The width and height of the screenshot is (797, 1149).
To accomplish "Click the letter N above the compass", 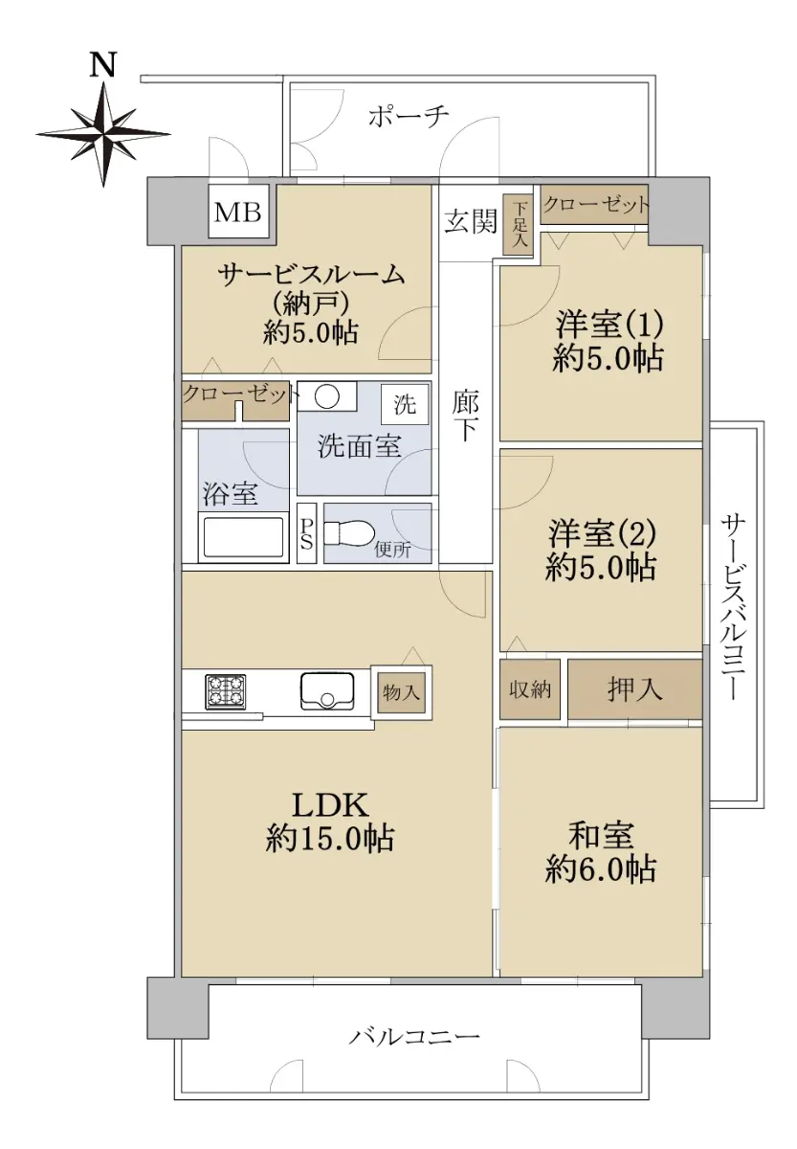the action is click(x=102, y=64).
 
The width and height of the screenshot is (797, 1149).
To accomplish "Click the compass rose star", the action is click(x=103, y=134).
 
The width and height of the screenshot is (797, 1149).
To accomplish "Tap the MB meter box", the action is click(x=238, y=212).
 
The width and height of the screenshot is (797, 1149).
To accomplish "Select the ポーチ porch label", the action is click(x=409, y=116).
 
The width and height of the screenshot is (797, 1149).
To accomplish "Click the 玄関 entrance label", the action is click(x=471, y=221).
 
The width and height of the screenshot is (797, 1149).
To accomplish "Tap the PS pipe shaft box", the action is click(x=306, y=533).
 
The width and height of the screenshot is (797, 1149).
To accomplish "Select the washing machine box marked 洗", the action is click(x=405, y=405).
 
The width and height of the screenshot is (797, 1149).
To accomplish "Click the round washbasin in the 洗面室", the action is click(x=326, y=395).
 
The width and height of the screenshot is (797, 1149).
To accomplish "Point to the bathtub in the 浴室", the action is click(x=243, y=536).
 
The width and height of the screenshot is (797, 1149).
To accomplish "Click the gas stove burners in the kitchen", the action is click(x=226, y=692).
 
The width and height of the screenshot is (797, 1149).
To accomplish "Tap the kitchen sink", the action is click(x=327, y=691).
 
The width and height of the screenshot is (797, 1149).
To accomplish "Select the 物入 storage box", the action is click(x=402, y=693).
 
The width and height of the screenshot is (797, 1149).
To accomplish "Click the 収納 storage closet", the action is click(x=529, y=688).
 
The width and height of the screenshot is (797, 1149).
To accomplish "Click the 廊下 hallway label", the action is click(x=465, y=417).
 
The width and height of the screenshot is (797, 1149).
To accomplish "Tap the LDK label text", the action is click(x=330, y=805).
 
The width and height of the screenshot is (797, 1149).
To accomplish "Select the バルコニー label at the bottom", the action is click(x=414, y=1036).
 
